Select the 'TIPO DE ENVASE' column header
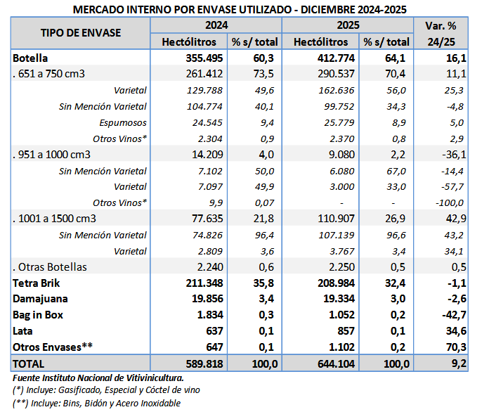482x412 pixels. point(81,33)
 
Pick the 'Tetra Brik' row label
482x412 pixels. point(37,283)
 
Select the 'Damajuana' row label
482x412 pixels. point(40,300)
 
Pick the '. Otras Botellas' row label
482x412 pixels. point(49,267)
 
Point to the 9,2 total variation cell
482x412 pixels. point(458,364)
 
